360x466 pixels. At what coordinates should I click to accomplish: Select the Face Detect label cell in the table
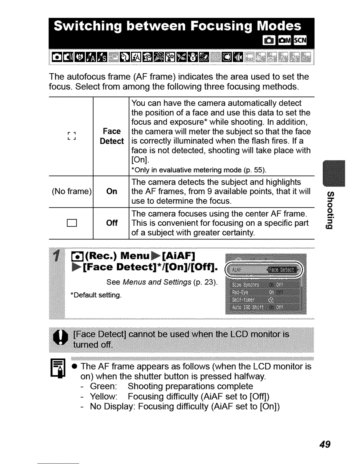pyautogui.click(x=111, y=136)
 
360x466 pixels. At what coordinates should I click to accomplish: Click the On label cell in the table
pyautogui.click(x=112, y=192)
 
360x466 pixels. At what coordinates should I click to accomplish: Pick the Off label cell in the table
pyautogui.click(x=112, y=223)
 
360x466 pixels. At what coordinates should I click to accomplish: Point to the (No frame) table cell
pyautogui.click(x=71, y=192)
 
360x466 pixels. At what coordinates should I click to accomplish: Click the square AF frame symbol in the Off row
pyautogui.click(x=72, y=223)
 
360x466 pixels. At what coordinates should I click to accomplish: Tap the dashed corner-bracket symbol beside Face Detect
pyautogui.click(x=72, y=136)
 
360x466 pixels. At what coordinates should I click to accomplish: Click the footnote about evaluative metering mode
pyautogui.click(x=199, y=170)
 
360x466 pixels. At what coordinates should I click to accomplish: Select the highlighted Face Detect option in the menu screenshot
pyautogui.click(x=281, y=270)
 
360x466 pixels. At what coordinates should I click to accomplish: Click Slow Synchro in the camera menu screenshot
pyautogui.click(x=246, y=285)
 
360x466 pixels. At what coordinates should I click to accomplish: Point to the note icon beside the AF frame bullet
pyautogui.click(x=58, y=368)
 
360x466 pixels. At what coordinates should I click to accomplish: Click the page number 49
pyautogui.click(x=325, y=444)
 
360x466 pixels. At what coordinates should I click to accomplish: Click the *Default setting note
pyautogui.click(x=96, y=295)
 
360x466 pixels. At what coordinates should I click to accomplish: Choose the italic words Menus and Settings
pyautogui.click(x=157, y=282)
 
